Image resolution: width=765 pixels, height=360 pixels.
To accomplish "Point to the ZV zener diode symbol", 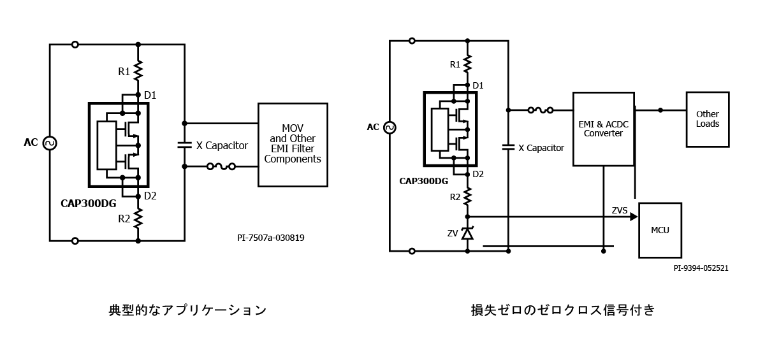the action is click(x=467, y=233).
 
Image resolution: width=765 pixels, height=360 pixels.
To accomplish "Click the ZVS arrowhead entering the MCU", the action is click(x=634, y=217).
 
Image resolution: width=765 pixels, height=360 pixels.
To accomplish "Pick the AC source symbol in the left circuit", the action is click(x=50, y=143).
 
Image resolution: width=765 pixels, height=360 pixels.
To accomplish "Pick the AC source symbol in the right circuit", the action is click(x=390, y=127).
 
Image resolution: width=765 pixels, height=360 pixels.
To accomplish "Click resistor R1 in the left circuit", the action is click(x=138, y=71).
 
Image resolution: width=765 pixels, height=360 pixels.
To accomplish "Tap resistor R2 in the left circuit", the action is click(x=138, y=218).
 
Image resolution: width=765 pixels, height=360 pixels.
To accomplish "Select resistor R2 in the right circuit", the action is click(x=467, y=196).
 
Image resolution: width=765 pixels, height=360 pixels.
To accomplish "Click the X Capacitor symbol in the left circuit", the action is click(x=184, y=145).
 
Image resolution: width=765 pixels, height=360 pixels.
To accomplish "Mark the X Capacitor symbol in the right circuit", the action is click(x=508, y=147).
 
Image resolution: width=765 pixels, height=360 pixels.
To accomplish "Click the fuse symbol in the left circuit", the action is click(x=221, y=166).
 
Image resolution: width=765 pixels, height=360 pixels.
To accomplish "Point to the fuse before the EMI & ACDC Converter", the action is click(x=541, y=110).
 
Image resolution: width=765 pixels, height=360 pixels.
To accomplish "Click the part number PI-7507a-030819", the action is click(x=271, y=238).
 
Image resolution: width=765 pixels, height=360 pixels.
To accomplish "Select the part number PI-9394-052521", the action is click(x=701, y=268).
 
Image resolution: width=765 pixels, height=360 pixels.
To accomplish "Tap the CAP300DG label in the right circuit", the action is click(x=423, y=181).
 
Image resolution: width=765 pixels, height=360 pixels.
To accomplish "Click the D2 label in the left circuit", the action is click(x=150, y=196).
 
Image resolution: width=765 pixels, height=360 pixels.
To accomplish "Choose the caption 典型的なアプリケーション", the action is click(x=187, y=310).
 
